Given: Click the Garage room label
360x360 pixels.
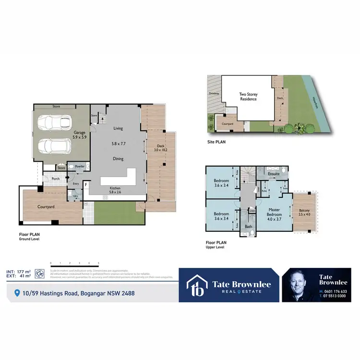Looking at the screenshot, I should [x=79, y=133].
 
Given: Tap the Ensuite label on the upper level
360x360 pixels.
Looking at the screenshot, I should [x=273, y=174].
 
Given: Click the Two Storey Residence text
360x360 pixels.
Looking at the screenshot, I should [x=249, y=96].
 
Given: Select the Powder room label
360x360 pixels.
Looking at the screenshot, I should [x=80, y=167].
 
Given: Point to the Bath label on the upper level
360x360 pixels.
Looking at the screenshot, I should [x=248, y=226].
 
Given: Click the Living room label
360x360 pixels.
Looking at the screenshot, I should [x=118, y=129].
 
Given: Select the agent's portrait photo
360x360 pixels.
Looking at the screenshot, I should [x=300, y=285].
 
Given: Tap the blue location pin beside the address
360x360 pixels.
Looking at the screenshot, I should [x=18, y=293].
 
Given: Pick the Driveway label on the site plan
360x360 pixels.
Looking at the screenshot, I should [x=214, y=94].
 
